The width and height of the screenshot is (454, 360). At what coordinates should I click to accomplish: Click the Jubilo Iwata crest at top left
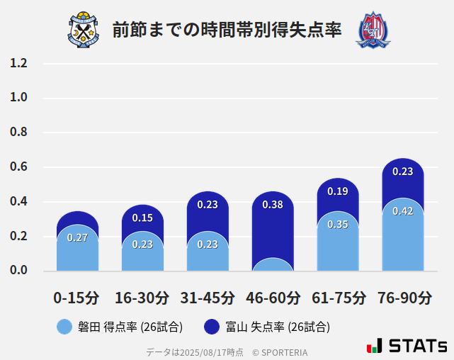pos(84,30)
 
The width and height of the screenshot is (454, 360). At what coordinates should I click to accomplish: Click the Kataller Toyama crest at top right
pos(373,30)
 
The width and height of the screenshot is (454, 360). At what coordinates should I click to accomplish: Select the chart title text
pos(227,30)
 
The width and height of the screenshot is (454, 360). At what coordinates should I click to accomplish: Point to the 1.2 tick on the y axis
pos(18,63)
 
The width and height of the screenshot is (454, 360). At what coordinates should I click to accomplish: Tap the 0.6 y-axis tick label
pos(18,167)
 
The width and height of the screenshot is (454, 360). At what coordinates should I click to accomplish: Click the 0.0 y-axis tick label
pos(18,270)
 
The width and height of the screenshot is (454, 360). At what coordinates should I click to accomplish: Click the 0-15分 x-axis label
pos(76,298)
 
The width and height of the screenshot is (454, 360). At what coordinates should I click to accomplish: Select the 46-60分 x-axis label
pos(273,298)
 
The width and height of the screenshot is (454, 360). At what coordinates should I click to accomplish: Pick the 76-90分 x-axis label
pos(404,298)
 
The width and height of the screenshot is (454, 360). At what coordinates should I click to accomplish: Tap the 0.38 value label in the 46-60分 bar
pos(273,205)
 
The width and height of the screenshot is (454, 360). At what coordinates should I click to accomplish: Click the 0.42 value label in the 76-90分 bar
pos(403,211)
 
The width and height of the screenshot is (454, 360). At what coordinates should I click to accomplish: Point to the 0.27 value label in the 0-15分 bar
pos(77,237)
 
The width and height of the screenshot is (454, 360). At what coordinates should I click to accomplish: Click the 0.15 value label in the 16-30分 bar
pos(142,218)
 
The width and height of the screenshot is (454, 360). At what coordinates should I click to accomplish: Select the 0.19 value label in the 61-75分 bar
pos(338,191)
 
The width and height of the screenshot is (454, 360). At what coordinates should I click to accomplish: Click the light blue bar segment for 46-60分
pos(273,266)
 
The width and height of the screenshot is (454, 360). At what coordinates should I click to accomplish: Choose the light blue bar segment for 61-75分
pos(338,244)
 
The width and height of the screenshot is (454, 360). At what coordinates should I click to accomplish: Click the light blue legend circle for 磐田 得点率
pos(64,327)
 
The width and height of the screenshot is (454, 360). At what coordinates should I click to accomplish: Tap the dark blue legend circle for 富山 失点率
pos(212,327)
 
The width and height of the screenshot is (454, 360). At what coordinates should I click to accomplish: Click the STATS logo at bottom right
pos(407,346)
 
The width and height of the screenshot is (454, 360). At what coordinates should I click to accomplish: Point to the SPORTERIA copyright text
pos(280,351)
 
